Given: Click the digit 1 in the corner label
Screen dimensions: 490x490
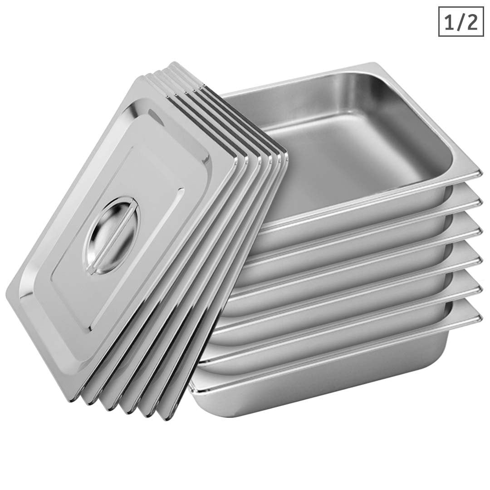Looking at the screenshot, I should point(449,22).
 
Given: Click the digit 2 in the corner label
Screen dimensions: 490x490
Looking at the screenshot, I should point(471,22).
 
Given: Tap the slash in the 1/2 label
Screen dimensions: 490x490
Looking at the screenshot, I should point(460,22).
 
